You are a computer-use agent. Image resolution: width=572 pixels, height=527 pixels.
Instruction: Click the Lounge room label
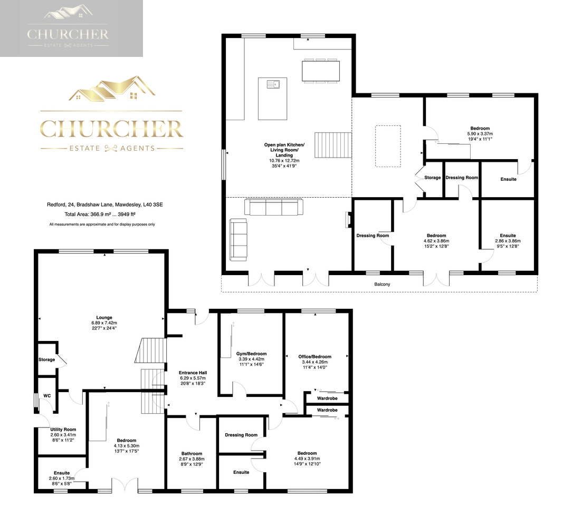pos(104,317)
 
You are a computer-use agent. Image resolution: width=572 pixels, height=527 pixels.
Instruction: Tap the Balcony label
pos(383,284)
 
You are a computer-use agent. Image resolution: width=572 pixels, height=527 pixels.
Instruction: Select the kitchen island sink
pos(273,84)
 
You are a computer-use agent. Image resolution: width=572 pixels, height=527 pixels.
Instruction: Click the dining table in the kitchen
pos(321,71)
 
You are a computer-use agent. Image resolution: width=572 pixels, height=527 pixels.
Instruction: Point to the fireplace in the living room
pos(348,220)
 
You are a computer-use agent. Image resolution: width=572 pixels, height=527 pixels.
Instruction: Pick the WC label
pos(47,396)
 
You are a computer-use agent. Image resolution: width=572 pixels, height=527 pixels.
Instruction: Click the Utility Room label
pos(63,430)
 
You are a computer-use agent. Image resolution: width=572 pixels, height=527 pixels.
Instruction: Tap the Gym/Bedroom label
pos(251,354)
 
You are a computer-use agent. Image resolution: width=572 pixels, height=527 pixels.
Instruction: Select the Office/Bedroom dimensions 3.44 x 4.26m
pos(315,362)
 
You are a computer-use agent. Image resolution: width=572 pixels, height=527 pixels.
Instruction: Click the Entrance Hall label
pos(193,373)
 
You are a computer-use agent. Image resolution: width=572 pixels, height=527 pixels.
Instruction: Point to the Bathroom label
pos(192,454)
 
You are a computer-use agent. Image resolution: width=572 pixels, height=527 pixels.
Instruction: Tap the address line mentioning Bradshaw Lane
pos(105,204)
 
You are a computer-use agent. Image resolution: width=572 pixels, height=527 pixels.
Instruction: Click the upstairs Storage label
pos(433,178)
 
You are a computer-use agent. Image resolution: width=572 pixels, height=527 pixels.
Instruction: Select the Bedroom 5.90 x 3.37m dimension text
pos(480,134)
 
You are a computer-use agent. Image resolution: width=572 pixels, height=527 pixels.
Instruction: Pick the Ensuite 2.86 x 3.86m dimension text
pos(508,241)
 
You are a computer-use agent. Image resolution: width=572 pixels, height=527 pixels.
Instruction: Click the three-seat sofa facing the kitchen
pos(273,207)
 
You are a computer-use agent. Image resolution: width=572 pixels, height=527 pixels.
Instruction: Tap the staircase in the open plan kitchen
pos(333,145)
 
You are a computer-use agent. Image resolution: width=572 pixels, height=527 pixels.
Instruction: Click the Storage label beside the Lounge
pos(46,360)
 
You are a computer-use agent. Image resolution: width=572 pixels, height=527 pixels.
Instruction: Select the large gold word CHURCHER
pos(112,129)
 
